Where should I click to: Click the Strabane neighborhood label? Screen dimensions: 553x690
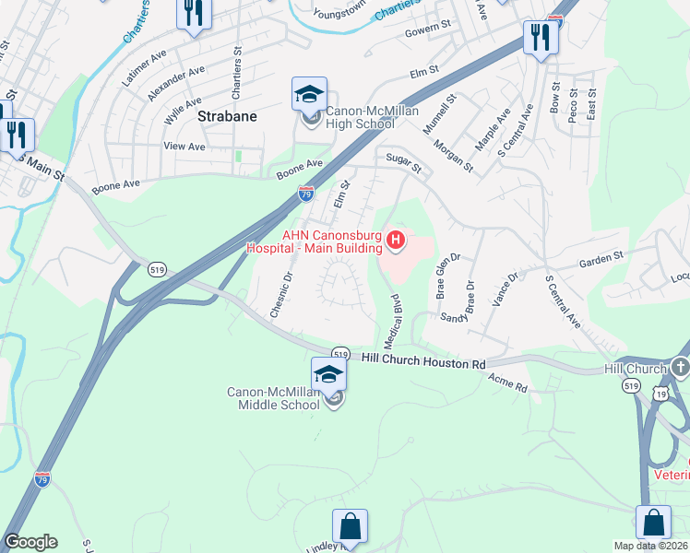point(226,118)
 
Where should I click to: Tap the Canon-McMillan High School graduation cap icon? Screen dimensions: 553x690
point(309,94)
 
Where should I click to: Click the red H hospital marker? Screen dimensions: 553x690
point(396,241)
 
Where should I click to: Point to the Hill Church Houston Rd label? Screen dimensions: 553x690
point(422,362)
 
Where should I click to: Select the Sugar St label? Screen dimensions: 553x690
point(403,164)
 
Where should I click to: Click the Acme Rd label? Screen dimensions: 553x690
point(507,382)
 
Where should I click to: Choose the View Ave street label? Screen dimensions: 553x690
point(184,147)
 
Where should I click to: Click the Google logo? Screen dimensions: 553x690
point(30,542)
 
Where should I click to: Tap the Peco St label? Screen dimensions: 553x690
point(574,105)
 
